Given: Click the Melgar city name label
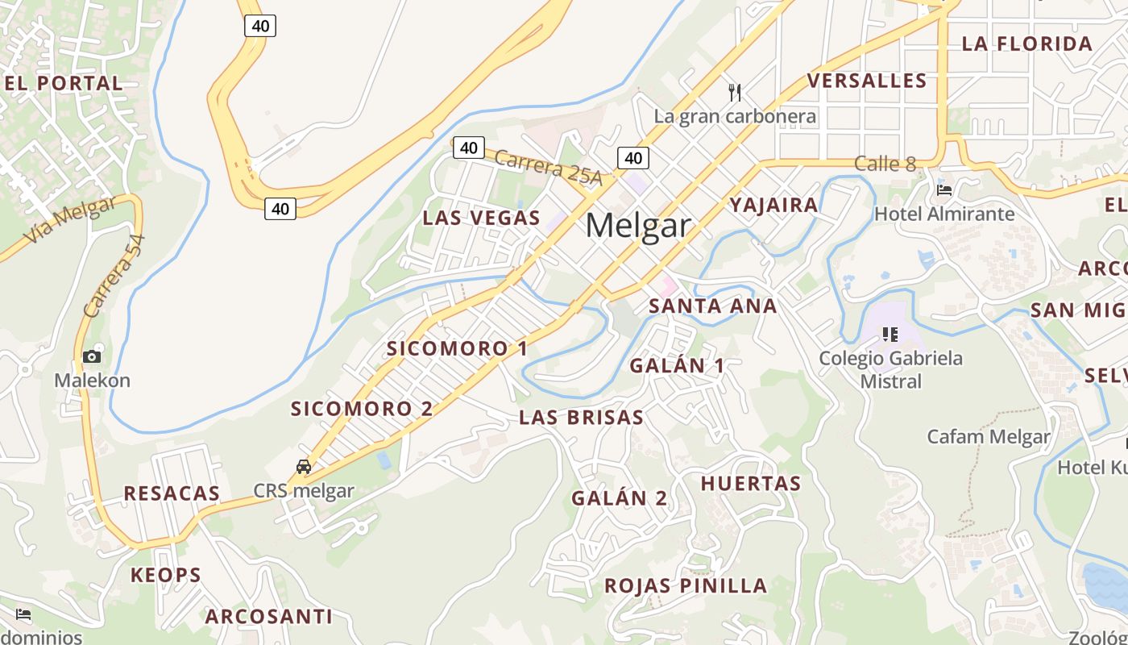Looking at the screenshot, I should coord(638,226).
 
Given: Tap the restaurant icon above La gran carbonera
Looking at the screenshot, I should coord(734,92).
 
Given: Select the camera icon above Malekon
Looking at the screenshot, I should coord(92,356).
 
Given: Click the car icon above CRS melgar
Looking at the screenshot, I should coord(304,467).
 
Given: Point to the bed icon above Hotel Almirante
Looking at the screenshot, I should coord(944,190).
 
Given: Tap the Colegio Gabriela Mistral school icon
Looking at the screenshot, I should coord(890,334).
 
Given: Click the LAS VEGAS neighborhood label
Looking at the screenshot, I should coord(481,218).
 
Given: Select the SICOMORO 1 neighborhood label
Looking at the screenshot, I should coord(457,348).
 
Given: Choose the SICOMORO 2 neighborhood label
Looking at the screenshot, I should coord(362,409).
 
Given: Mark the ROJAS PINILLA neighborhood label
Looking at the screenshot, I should coord(686,585).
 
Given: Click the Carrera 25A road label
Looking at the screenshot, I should coord(548,168).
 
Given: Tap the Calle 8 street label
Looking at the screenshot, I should coord(885,164).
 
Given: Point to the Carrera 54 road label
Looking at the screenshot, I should coord(114,276).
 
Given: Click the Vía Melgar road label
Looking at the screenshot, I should coord(69,219).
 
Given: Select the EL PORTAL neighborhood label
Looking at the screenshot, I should coord(64,83).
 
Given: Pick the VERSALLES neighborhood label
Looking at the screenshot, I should coord(867,81).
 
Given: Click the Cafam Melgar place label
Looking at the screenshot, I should coord(988,437).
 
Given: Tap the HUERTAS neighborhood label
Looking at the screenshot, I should coord(750,484).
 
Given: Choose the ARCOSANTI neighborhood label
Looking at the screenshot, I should coord(268,617).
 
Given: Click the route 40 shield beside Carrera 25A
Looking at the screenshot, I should coord(469,148).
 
